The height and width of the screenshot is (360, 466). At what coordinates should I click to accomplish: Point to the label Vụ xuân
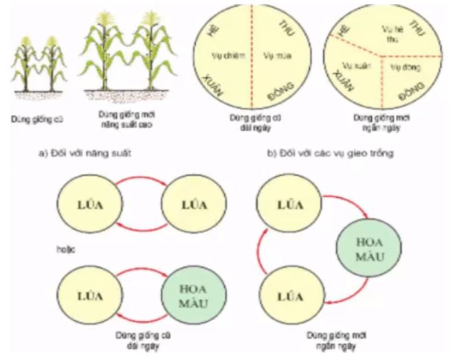click(353, 67)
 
